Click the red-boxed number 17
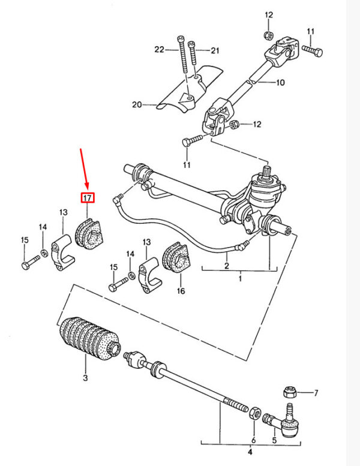point(88,198)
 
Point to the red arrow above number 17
point(84,169)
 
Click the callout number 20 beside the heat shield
point(137,104)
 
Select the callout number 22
point(160,49)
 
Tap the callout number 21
point(215,50)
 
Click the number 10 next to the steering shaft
point(280,82)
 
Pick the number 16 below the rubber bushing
point(181,291)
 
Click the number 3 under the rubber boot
point(85,378)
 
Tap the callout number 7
point(316,393)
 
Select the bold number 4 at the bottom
point(250,452)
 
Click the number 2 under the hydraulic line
point(227,265)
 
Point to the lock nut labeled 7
point(289,392)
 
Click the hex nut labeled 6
point(254,413)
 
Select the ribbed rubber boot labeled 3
point(89,338)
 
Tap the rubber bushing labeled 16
point(177,257)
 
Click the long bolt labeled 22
point(183,55)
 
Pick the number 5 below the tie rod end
point(274,440)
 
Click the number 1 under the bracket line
point(240,279)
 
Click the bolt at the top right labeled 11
point(313,51)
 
